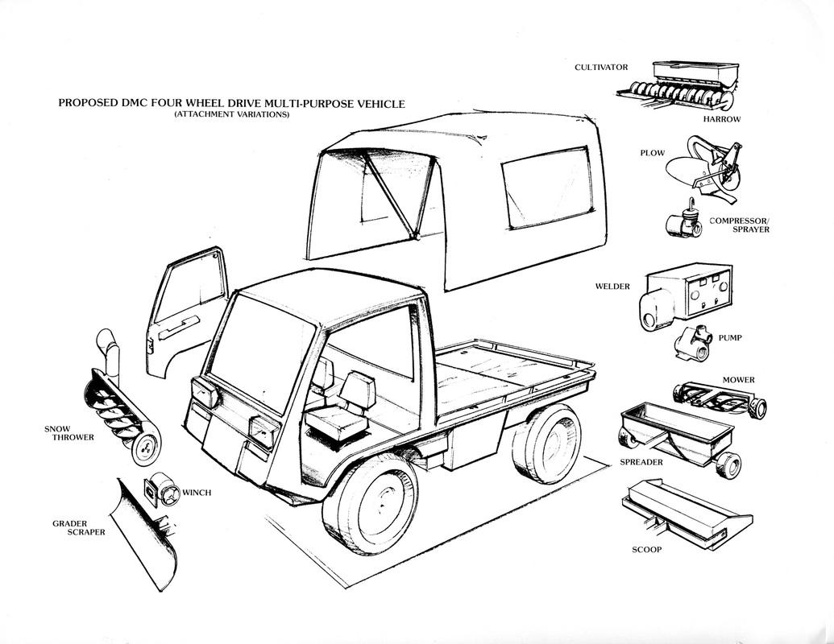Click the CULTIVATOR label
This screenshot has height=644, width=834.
tap(600, 67)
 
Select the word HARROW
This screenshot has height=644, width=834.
tap(721, 119)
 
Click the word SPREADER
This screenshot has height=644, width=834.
tap(641, 462)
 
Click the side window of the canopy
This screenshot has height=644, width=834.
tap(546, 189)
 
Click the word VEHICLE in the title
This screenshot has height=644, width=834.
tap(375, 104)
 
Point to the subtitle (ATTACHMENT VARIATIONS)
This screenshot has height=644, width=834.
tap(231, 115)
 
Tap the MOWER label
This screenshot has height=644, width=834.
tap(738, 379)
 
